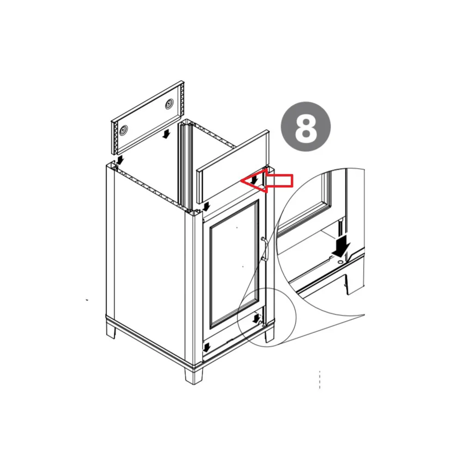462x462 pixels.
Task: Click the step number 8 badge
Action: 305,127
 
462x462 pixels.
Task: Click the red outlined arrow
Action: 267,180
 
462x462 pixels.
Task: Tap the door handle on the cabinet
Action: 264,249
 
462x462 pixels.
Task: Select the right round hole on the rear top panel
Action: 169,104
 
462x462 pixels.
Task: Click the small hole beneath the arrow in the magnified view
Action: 340,262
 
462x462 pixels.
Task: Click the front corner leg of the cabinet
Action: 194,375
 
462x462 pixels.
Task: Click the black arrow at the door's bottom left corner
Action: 207,347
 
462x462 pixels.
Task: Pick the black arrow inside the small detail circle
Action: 256,318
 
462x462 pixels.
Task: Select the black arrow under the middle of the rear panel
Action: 166,134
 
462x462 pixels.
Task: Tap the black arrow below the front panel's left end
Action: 207,206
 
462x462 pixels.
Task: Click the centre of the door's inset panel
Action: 234,263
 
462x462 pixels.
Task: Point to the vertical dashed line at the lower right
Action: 320,380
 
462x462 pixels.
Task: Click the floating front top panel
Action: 233,166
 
